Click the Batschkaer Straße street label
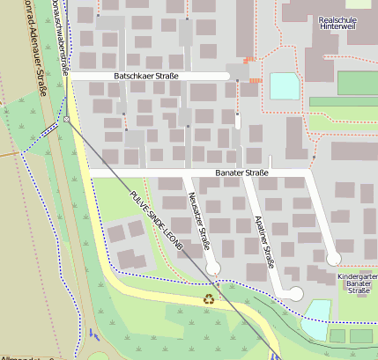[x=145, y=77]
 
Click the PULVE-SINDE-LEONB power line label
[x=154, y=221]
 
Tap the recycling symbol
[x=209, y=299]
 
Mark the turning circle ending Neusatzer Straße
[x=212, y=267]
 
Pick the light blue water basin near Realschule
[x=284, y=85]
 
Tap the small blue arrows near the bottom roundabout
[x=93, y=335]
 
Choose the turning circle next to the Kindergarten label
[x=333, y=259]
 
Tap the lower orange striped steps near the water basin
[x=256, y=81]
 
